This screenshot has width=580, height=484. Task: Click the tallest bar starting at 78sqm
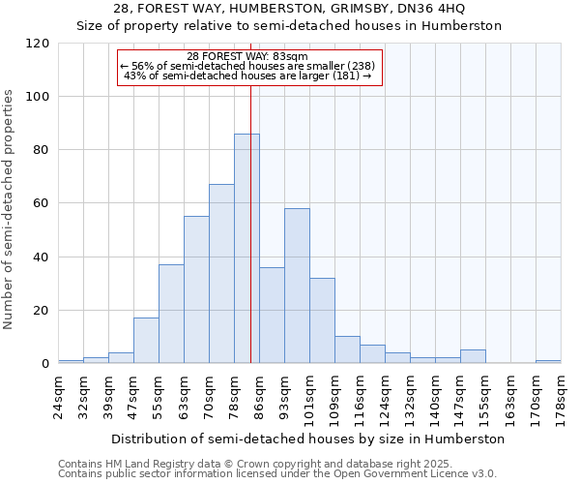pos(246,249)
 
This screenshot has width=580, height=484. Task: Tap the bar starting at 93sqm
pos(297,286)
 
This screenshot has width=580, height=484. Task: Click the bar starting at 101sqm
pos(322,320)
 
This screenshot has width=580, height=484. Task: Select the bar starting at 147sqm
pos(473,356)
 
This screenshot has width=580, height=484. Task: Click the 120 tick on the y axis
pos(38,44)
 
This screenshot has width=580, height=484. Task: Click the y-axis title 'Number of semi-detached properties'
pos(9,209)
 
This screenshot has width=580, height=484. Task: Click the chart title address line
pos(289,9)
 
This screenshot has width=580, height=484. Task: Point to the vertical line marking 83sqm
pos(250,223)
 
